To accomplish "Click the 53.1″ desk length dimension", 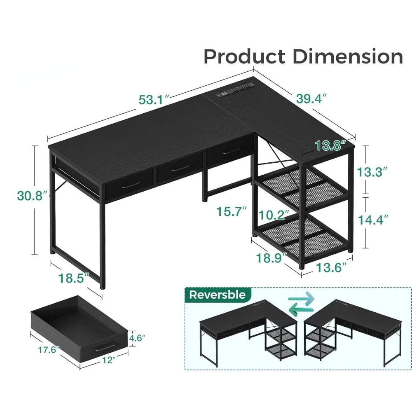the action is (x=154, y=100).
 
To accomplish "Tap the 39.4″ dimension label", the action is (x=311, y=98).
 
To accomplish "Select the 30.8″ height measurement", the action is (x=32, y=196).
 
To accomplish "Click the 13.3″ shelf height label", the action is (x=372, y=172).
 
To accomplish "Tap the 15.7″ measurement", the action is (x=232, y=211).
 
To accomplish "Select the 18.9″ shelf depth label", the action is (x=272, y=258).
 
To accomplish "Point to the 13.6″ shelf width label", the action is (x=331, y=268).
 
